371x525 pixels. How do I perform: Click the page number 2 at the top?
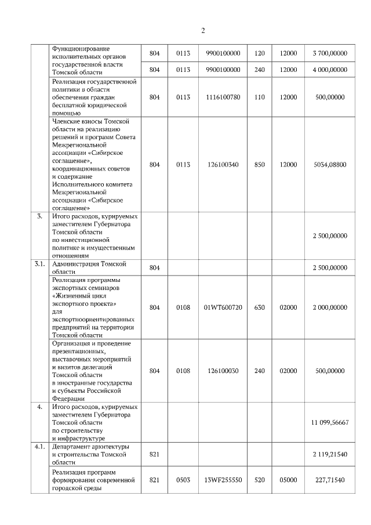pyautogui.click(x=203, y=31)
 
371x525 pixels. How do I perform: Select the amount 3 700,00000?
pyautogui.click(x=330, y=53)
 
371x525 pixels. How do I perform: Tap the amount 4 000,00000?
pyautogui.click(x=330, y=70)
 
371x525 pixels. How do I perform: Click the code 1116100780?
pyautogui.click(x=223, y=97)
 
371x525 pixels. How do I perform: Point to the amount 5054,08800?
pyautogui.click(x=330, y=164)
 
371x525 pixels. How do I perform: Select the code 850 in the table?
pyautogui.click(x=260, y=164)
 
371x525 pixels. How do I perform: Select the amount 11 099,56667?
pyautogui.click(x=330, y=423)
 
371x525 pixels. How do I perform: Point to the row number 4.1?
pyautogui.click(x=39, y=447)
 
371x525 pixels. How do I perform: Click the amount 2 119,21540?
pyautogui.click(x=330, y=455)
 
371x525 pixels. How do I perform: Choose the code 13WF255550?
pyautogui.click(x=223, y=480)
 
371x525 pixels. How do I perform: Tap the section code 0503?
pyautogui.click(x=183, y=480)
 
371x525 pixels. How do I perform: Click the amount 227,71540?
pyautogui.click(x=330, y=480)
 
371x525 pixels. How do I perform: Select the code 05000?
pyautogui.click(x=288, y=480)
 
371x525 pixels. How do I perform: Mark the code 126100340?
pyautogui.click(x=223, y=164)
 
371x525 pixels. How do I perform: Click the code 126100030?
pyautogui.click(x=223, y=371)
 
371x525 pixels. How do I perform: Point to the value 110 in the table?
pyautogui.click(x=260, y=97)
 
